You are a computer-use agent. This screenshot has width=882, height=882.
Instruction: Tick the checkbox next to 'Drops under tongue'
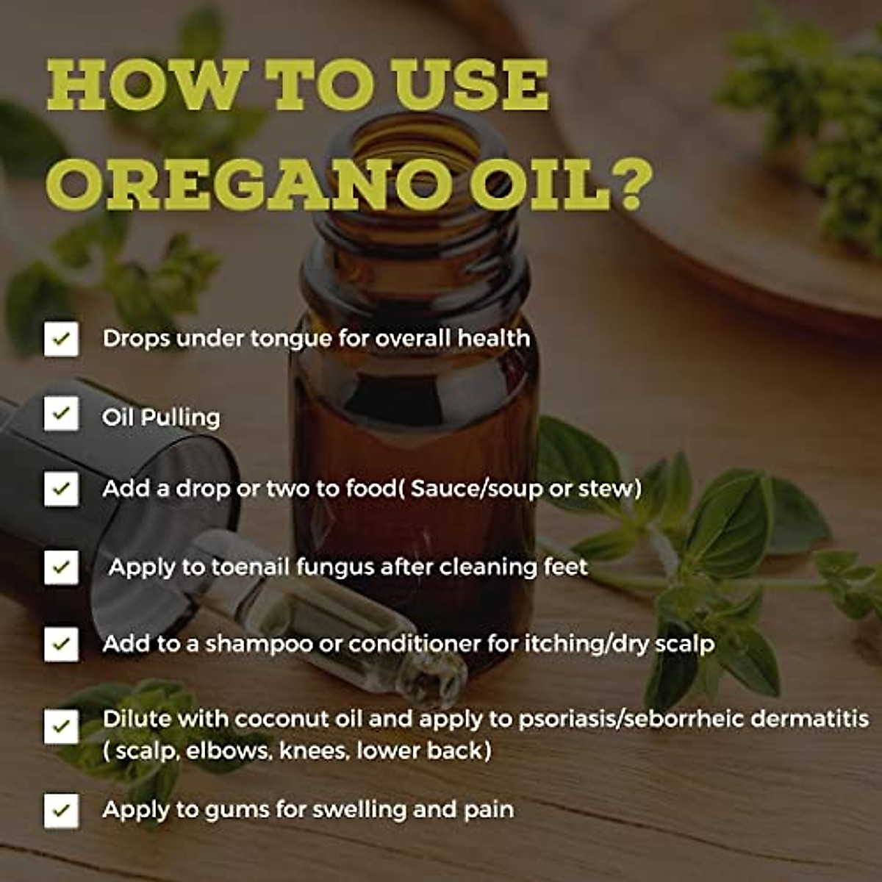61,339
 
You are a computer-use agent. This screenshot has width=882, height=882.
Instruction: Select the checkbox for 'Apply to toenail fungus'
61,567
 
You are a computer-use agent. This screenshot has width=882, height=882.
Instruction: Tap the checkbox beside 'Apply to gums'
61,811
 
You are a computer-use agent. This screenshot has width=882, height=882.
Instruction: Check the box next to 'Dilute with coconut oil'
61,726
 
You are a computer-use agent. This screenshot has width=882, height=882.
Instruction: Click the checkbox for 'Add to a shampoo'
61,644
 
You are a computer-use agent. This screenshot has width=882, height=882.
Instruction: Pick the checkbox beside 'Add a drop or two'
61,489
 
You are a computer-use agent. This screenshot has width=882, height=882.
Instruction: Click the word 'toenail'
250,567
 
